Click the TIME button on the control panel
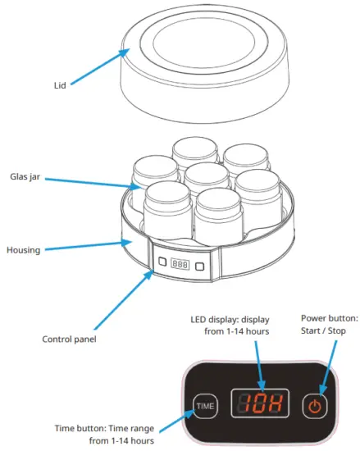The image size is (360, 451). [207, 404]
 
